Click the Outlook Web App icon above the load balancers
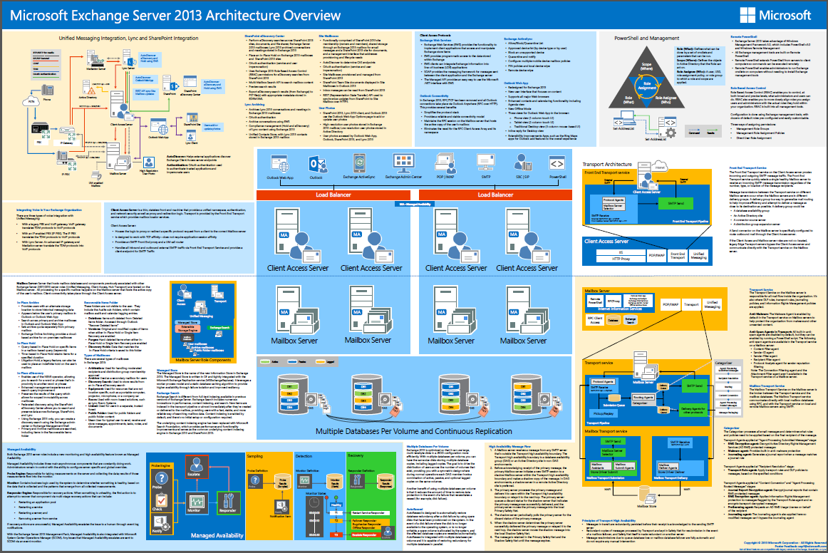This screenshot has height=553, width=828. pyautogui.click(x=280, y=163)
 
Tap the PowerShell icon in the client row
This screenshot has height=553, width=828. pyautogui.click(x=557, y=162)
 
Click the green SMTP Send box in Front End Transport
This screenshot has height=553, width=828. pyautogui.click(x=678, y=204)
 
